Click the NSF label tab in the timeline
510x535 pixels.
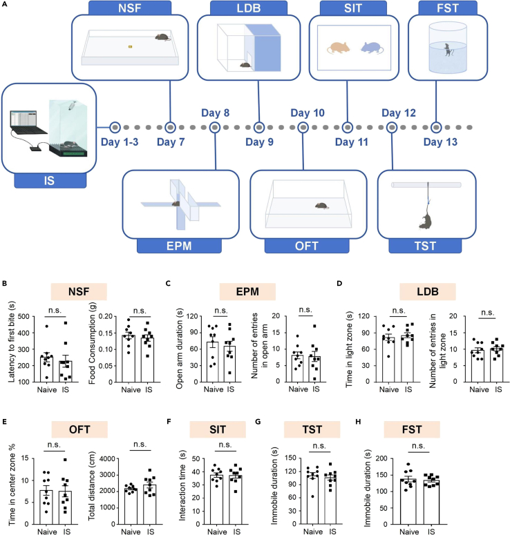(130, 8)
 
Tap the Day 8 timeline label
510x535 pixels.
(215, 113)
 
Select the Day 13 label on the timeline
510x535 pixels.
(440, 142)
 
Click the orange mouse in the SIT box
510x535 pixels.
(338, 48)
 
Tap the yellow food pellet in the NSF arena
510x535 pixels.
(130, 46)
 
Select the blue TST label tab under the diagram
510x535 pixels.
(425, 246)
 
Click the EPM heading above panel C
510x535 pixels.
(247, 292)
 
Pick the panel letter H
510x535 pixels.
(358, 422)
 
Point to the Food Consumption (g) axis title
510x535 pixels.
(92, 343)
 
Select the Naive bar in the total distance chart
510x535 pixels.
(131, 506)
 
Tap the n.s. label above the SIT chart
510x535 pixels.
(225, 445)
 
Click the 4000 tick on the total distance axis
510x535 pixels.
(107, 458)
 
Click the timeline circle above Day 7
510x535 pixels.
(170, 127)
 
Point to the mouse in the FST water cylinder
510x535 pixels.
(448, 50)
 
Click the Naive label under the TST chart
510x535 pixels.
(313, 532)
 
